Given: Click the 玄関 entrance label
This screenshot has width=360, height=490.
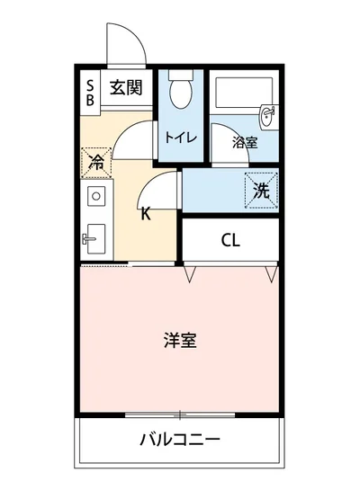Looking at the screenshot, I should click(x=125, y=88).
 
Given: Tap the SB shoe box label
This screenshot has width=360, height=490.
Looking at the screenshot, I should click(x=90, y=93).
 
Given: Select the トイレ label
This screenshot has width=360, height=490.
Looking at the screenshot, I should click(x=176, y=138).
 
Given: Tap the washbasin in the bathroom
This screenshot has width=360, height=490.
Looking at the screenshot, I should click(x=267, y=115).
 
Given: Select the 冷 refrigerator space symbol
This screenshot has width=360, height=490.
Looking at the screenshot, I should click(x=95, y=163).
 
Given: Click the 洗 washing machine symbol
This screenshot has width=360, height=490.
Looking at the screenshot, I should click(x=259, y=191).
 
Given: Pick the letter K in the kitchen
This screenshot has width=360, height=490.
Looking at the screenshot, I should click(x=144, y=213).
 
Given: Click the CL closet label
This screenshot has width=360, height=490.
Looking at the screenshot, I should click(x=230, y=240).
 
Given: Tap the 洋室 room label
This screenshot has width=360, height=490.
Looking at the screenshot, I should click(x=180, y=341).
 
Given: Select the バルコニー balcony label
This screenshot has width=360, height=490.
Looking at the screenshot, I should click(x=180, y=441).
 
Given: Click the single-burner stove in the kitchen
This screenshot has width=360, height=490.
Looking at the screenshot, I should click(x=95, y=197).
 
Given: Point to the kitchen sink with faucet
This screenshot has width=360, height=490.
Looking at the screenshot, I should click(x=94, y=238).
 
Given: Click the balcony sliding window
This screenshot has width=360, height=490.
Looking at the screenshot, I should click(x=180, y=414).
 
